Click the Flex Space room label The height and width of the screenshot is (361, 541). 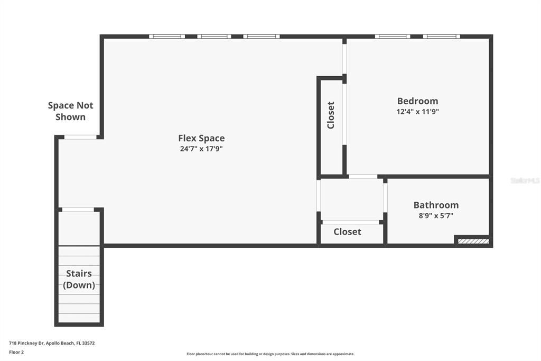[x=201, y=138]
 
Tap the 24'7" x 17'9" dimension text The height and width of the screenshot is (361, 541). [x=201, y=149]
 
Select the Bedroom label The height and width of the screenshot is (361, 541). [x=417, y=101]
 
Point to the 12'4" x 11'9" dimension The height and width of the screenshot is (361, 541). [x=417, y=112]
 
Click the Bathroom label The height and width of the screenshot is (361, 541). [x=436, y=205]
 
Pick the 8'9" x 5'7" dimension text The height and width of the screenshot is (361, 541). [x=436, y=215]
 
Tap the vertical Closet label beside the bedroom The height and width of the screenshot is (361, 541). [x=331, y=115]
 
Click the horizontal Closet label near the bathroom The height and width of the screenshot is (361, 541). [x=347, y=231]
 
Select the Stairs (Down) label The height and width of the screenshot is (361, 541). [x=79, y=279]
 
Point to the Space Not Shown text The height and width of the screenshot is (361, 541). [x=70, y=111]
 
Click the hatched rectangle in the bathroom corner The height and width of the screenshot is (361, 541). [x=473, y=241]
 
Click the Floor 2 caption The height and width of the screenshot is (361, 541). [x=16, y=352]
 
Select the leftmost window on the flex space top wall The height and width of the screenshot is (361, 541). [x=166, y=37]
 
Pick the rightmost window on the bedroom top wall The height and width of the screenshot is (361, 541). [x=442, y=37]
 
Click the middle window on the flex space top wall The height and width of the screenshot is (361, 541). [x=214, y=37]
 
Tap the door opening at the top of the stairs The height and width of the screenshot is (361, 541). [x=78, y=210]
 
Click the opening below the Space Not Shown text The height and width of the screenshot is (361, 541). [x=80, y=137]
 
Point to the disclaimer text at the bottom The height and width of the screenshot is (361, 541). [x=270, y=354]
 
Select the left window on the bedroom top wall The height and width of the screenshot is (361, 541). [x=393, y=37]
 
